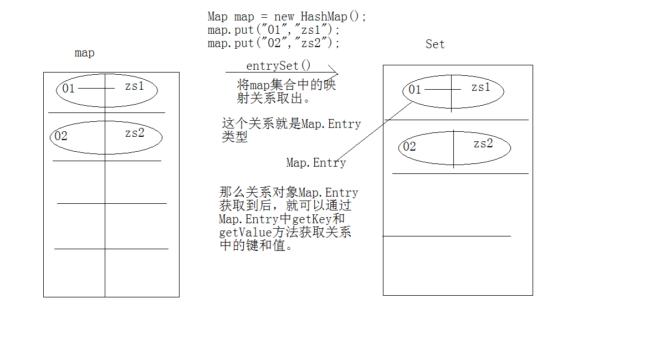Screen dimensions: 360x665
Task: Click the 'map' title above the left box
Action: tap(84, 53)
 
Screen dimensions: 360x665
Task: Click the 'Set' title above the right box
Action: tap(435, 44)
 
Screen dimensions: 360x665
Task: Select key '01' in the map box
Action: tap(68, 89)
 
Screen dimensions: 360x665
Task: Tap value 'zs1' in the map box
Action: tap(134, 86)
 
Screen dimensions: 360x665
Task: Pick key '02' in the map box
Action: tap(60, 136)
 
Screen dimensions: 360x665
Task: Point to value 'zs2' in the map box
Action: tap(135, 133)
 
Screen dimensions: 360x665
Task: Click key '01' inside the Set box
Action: tap(415, 90)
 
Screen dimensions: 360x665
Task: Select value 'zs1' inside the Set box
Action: tap(481, 88)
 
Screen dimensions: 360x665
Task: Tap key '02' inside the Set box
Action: tap(409, 147)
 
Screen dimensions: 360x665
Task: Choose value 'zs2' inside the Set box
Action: tap(483, 144)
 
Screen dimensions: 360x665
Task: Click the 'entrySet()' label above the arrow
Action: tap(279, 66)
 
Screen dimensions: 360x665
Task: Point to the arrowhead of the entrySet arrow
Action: tap(335, 73)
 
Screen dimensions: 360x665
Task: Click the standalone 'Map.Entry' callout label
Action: tap(316, 163)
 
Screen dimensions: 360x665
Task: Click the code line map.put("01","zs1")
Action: tap(274, 30)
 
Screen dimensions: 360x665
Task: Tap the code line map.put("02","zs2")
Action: tap(274, 43)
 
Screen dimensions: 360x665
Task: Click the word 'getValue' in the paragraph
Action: tap(242, 233)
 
